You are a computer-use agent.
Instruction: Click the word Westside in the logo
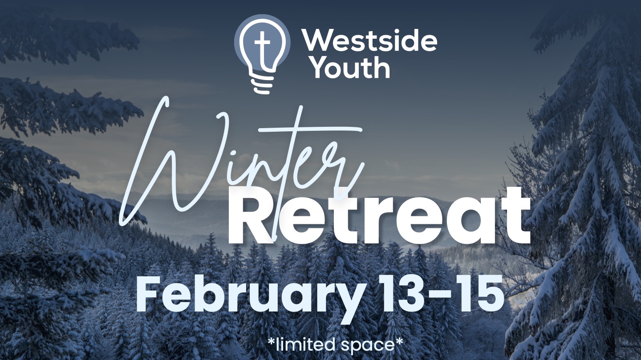(x=370, y=41)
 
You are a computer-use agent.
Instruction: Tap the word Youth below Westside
(x=351, y=67)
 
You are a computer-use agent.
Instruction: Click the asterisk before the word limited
(x=271, y=340)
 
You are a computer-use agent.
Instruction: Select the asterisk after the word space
(x=399, y=340)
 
